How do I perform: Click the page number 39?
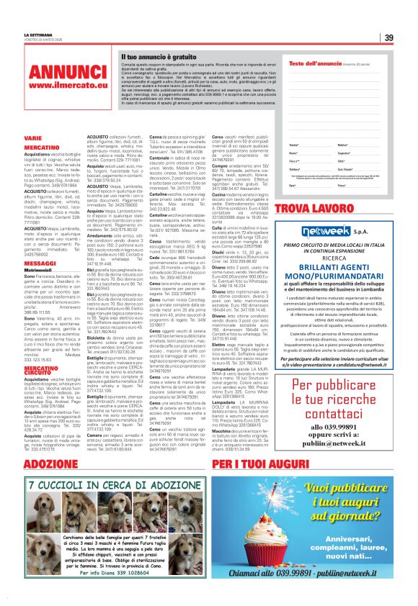(x=388, y=38)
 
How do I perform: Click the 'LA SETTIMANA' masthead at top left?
(x=37, y=35)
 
